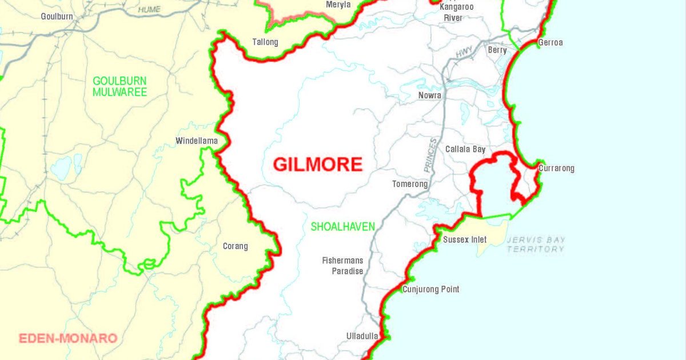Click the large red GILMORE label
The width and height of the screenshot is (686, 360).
[x=318, y=165]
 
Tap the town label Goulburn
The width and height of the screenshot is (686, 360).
[x=57, y=17]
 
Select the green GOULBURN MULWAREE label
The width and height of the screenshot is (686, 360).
[x=120, y=86]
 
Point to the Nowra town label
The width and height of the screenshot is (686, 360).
[x=430, y=95]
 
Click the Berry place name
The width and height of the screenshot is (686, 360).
[x=497, y=50]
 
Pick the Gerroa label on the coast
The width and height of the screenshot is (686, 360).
[x=550, y=43]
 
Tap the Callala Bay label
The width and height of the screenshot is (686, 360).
[x=465, y=149]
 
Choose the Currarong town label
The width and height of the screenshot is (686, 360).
[x=556, y=169]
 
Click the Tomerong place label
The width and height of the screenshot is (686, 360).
[x=410, y=184]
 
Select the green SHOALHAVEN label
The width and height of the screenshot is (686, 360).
[x=343, y=227]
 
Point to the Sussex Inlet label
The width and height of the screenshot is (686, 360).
[x=465, y=239]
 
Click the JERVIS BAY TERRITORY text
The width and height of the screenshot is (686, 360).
[x=536, y=245]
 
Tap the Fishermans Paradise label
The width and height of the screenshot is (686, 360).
[x=342, y=266]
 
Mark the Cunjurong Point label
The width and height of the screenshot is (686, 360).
[x=430, y=289]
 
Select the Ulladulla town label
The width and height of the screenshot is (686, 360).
[x=362, y=336]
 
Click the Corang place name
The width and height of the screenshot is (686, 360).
[x=235, y=246]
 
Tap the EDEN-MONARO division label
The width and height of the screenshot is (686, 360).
[x=68, y=338]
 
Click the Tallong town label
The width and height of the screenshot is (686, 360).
[x=265, y=42]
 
